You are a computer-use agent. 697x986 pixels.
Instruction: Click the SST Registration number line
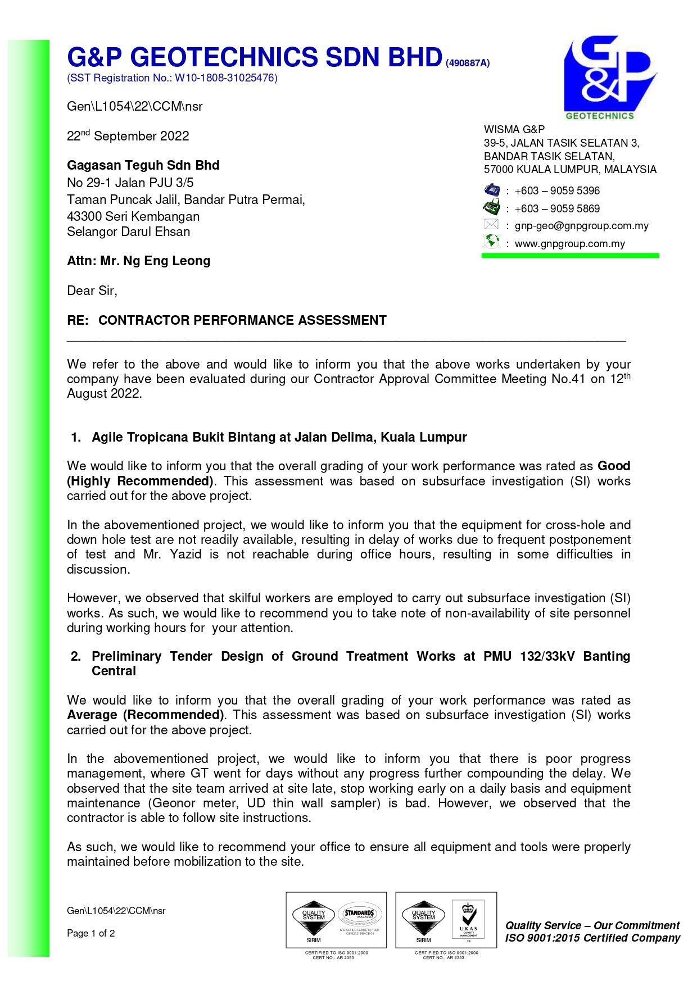coord(172,78)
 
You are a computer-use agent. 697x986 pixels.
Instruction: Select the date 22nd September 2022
coord(128,136)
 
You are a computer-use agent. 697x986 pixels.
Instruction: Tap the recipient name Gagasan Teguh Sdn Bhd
coord(143,165)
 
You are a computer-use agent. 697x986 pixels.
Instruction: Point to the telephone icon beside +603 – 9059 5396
coord(492,190)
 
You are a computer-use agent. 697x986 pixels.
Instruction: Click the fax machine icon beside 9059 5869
coord(492,207)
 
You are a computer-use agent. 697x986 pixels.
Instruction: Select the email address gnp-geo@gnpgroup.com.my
coord(581,226)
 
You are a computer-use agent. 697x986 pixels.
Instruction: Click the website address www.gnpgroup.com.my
coord(569,244)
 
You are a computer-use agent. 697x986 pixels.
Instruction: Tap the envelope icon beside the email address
coord(492,225)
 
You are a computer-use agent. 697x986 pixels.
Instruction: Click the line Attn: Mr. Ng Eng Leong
coord(138,261)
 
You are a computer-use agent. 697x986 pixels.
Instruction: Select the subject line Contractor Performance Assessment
coord(242,320)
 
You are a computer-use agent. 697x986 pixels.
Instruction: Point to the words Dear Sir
coord(92,290)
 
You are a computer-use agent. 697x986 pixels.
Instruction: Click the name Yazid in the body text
coord(185,555)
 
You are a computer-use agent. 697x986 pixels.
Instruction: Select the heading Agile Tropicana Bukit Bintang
coord(279,437)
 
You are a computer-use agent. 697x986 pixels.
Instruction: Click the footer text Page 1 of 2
coord(90,933)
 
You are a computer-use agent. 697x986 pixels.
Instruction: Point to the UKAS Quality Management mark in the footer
coord(468,920)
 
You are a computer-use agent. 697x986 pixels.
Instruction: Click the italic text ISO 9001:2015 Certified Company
coord(592,938)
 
